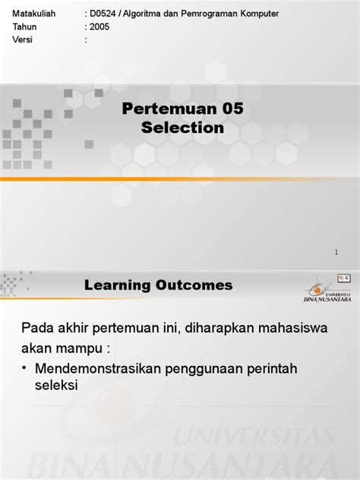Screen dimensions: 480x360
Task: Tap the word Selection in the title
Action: pyautogui.click(x=183, y=128)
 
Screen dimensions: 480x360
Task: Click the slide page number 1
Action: pyautogui.click(x=336, y=252)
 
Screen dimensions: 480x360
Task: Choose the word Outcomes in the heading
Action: pyautogui.click(x=194, y=286)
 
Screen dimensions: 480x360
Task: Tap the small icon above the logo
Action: pyautogui.click(x=343, y=279)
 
